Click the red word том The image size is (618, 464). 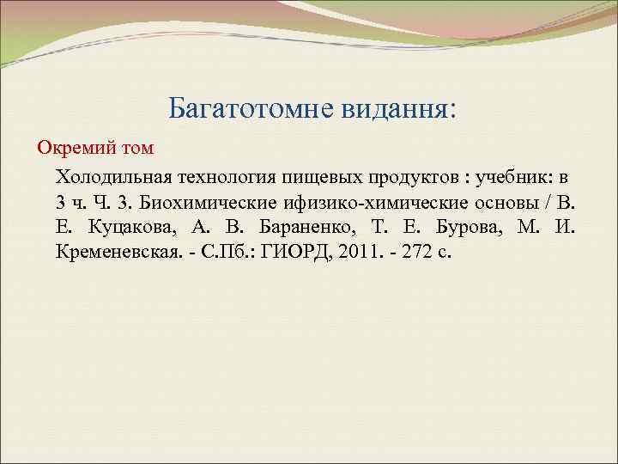(x=134, y=148)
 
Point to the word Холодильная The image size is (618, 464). (x=114, y=177)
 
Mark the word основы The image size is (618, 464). (x=512, y=203)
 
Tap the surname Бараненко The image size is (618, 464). (x=296, y=229)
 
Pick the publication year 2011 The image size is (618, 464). (x=346, y=254)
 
